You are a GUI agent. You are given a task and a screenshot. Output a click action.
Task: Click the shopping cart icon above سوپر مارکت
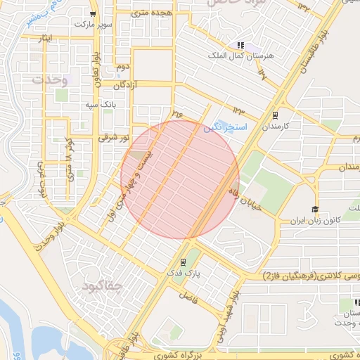click(x=93, y=13)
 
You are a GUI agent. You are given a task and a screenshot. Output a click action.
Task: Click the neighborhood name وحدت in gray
click(x=51, y=79)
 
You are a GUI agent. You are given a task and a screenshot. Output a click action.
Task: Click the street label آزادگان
click(x=124, y=84)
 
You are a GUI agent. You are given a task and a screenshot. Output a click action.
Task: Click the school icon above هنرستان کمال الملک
click(x=240, y=44)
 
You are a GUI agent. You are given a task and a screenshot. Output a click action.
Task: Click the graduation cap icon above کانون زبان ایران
click(x=315, y=210)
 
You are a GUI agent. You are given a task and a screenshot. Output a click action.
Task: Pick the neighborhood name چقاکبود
click(x=103, y=286)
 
